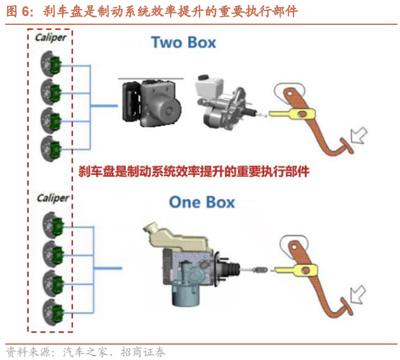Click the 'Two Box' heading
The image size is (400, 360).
click(184, 42)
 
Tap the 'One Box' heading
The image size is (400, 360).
click(202, 202)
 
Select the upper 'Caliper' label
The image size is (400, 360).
click(51, 38)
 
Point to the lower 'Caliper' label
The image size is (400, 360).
click(53, 198)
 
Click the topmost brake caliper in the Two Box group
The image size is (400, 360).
click(51, 64)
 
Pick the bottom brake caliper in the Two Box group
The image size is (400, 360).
click(51, 149)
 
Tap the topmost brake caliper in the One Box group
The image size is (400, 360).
click(54, 225)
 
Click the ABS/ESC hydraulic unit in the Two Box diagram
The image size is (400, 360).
click(152, 103)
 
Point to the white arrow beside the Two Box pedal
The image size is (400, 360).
click(359, 135)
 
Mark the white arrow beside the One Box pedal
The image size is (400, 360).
click(358, 294)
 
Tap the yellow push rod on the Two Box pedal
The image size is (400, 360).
click(292, 114)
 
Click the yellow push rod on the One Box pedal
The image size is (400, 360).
click(296, 269)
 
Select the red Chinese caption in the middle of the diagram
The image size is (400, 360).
click(194, 171)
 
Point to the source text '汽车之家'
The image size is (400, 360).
click(85, 352)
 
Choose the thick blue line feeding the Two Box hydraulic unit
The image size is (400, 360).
click(104, 106)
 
